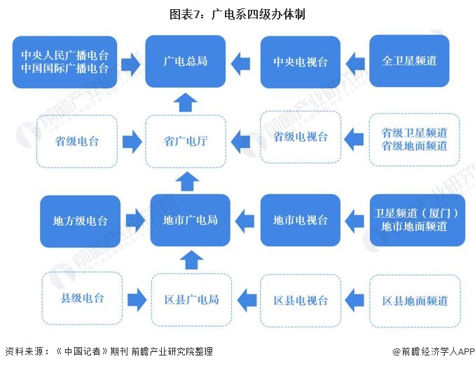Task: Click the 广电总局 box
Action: [x=186, y=62]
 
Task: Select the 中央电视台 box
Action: [x=301, y=62]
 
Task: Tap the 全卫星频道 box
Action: [x=409, y=61]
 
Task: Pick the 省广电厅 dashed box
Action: [x=186, y=142]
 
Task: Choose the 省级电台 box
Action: [x=77, y=142]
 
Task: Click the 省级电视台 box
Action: [x=301, y=137]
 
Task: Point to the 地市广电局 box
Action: [x=191, y=220]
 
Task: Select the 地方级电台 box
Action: [x=81, y=222]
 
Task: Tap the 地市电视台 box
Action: [x=301, y=220]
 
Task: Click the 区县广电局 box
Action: [x=191, y=300]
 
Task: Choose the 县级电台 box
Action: [x=82, y=298]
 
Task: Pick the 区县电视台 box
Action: [x=301, y=301]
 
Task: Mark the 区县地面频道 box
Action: [x=415, y=301]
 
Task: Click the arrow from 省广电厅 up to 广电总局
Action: [x=186, y=102]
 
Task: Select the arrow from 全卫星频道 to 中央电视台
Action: [x=355, y=63]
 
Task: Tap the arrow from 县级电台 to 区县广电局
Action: [x=137, y=300]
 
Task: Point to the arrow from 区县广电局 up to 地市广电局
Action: [x=191, y=260]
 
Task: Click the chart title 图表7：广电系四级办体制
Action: [x=238, y=14]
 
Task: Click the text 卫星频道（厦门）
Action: [x=416, y=213]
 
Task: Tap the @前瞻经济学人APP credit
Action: [x=434, y=351]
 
